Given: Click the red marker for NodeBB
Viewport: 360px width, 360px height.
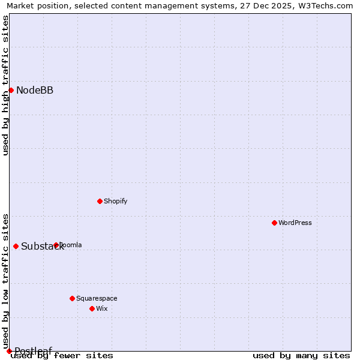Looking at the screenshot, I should click(x=11, y=90).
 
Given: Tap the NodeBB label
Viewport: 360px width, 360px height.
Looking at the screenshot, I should click(x=35, y=91).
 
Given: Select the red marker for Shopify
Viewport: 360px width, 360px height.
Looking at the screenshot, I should click(x=100, y=201).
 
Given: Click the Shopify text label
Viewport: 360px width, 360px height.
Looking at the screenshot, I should click(x=115, y=202).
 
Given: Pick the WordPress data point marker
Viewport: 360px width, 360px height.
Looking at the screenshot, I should click(x=274, y=223).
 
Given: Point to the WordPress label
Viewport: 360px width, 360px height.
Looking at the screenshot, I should click(x=295, y=223).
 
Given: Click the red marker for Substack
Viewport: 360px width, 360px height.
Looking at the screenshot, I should click(x=16, y=246).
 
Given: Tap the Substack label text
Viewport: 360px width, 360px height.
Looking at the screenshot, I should click(x=42, y=247).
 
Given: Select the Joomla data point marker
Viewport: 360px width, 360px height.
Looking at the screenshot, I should click(x=56, y=245).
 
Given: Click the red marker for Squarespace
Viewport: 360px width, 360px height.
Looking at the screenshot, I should click(x=72, y=298).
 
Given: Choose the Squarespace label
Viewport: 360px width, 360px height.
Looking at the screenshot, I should click(x=97, y=299).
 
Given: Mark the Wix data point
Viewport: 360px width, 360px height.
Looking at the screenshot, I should click(x=92, y=308).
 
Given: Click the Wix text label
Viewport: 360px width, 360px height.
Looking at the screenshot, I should click(x=102, y=309).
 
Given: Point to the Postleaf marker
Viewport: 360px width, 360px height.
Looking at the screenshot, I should click(x=9, y=351).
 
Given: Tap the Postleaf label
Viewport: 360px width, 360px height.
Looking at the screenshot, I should click(x=34, y=351).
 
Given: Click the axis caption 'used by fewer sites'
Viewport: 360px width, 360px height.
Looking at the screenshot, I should click(x=62, y=356).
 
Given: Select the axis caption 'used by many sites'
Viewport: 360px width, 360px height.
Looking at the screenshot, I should click(x=301, y=356).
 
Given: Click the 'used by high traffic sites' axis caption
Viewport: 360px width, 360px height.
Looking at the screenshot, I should click(x=5, y=85).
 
